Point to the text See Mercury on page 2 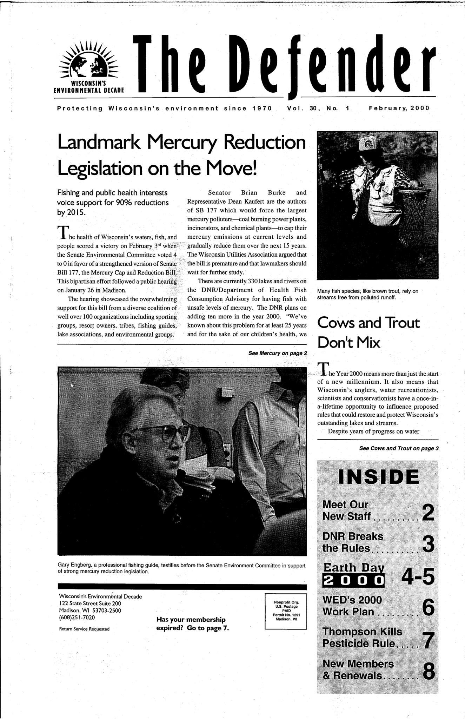pos(277,353)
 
